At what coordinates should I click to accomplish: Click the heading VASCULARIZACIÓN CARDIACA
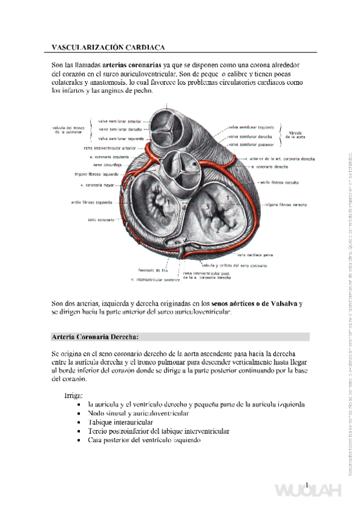(x=108, y=46)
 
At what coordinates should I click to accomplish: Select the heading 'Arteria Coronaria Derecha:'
(x=99, y=336)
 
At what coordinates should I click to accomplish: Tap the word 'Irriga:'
(x=75, y=395)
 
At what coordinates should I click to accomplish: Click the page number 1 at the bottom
(x=307, y=486)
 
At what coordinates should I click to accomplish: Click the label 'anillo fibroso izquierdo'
(x=91, y=202)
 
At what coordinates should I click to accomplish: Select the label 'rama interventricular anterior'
(x=110, y=147)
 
